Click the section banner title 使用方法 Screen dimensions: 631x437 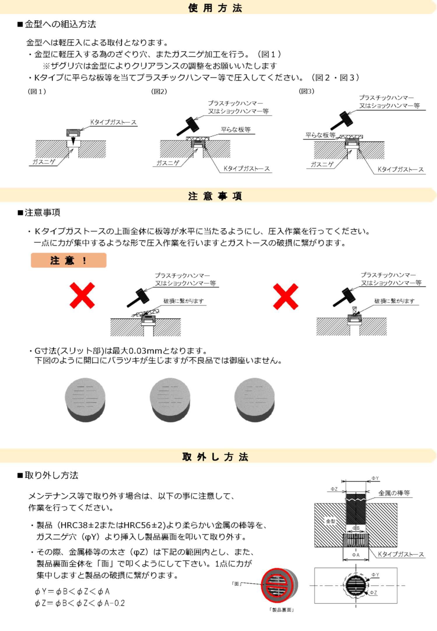point(215,8)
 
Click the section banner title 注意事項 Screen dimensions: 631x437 point(215,196)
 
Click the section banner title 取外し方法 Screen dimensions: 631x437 point(215,457)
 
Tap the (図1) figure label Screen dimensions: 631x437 point(37,91)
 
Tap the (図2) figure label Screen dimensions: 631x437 point(159,91)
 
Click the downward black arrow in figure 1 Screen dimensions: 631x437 point(73,141)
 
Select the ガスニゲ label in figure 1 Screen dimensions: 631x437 point(44,162)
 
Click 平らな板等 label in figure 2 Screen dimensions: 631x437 point(236,130)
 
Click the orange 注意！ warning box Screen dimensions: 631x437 point(69,260)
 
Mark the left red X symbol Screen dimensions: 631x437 point(82,295)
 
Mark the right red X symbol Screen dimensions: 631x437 point(286,296)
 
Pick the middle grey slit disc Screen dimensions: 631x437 point(170,399)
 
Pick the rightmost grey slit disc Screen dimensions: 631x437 point(254,399)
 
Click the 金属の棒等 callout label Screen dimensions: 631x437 point(394,493)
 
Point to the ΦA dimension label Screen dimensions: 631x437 point(356,555)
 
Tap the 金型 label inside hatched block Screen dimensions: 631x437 point(331,521)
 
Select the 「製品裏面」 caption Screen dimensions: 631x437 point(282,610)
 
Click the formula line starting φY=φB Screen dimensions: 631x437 point(72,591)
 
